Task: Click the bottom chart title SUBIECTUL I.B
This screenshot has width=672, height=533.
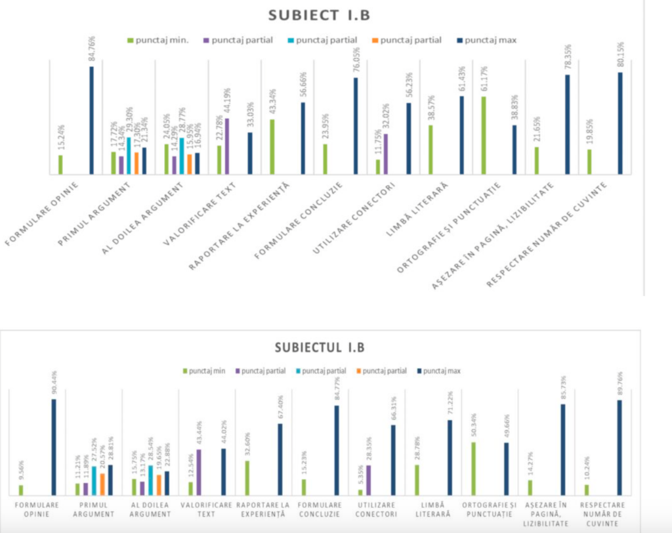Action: click(320, 348)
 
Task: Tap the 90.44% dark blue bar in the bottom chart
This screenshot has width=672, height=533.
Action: click(54, 447)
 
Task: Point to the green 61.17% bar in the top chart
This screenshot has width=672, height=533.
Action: click(484, 135)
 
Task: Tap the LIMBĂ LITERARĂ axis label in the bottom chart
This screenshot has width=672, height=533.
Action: click(432, 509)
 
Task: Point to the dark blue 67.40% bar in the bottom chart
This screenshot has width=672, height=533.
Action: click(280, 459)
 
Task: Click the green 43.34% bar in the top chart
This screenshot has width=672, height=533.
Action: click(272, 147)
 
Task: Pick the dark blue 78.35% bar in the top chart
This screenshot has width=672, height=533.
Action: click(568, 124)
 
